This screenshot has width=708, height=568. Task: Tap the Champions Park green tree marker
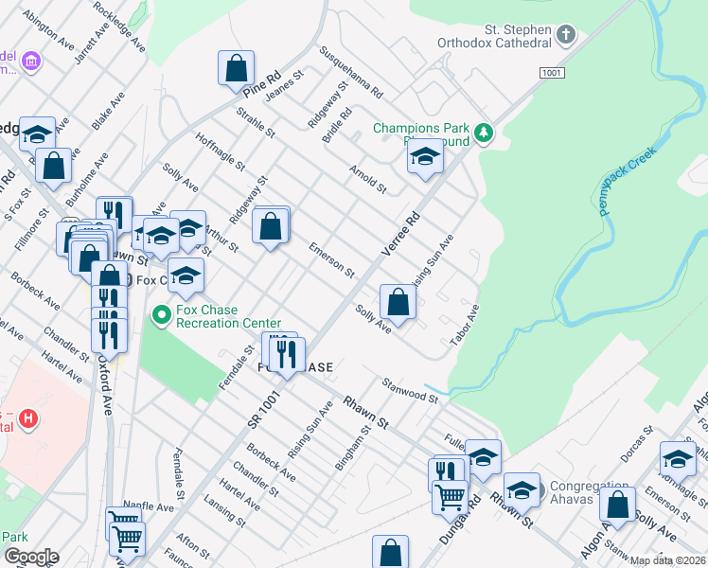(x=484, y=133)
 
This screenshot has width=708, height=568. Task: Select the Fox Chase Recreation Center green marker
(x=162, y=315)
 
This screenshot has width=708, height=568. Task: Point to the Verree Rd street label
(x=399, y=232)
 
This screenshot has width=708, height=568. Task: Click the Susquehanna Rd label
(x=350, y=74)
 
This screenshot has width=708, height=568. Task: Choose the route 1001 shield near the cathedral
(x=552, y=73)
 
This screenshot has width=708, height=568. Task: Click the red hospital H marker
(x=29, y=417)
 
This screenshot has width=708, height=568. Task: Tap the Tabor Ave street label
(x=465, y=326)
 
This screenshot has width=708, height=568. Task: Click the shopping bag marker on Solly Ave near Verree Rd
(x=398, y=303)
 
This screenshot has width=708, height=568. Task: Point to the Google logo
(x=30, y=557)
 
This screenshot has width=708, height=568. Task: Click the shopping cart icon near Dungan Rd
(x=451, y=494)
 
